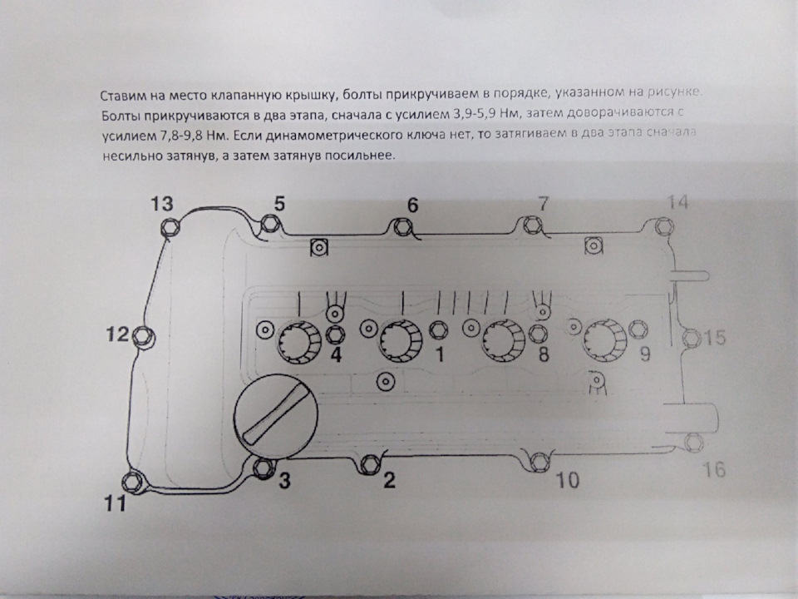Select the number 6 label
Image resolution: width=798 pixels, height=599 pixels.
click(x=413, y=205)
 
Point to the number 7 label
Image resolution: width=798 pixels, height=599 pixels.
click(x=543, y=204)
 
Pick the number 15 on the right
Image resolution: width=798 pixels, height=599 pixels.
click(x=716, y=338)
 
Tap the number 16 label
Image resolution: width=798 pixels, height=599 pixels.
click(x=712, y=470)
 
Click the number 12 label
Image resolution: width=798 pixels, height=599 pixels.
click(x=118, y=335)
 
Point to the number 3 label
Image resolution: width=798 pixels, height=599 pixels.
click(x=284, y=481)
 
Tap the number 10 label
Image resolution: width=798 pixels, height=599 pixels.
click(x=569, y=481)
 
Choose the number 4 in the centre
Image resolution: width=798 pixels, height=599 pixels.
click(x=337, y=356)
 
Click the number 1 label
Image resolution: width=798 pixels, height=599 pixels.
click(x=439, y=356)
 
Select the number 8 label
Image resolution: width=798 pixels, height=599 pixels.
click(x=544, y=355)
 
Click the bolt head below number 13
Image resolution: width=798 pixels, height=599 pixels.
click(x=170, y=227)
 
